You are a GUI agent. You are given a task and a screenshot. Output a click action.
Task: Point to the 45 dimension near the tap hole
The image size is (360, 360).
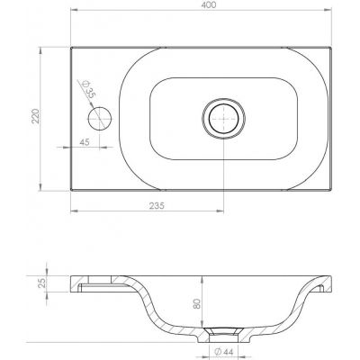point(84,142)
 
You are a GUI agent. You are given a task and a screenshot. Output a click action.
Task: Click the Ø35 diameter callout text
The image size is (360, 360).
point(87,89)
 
